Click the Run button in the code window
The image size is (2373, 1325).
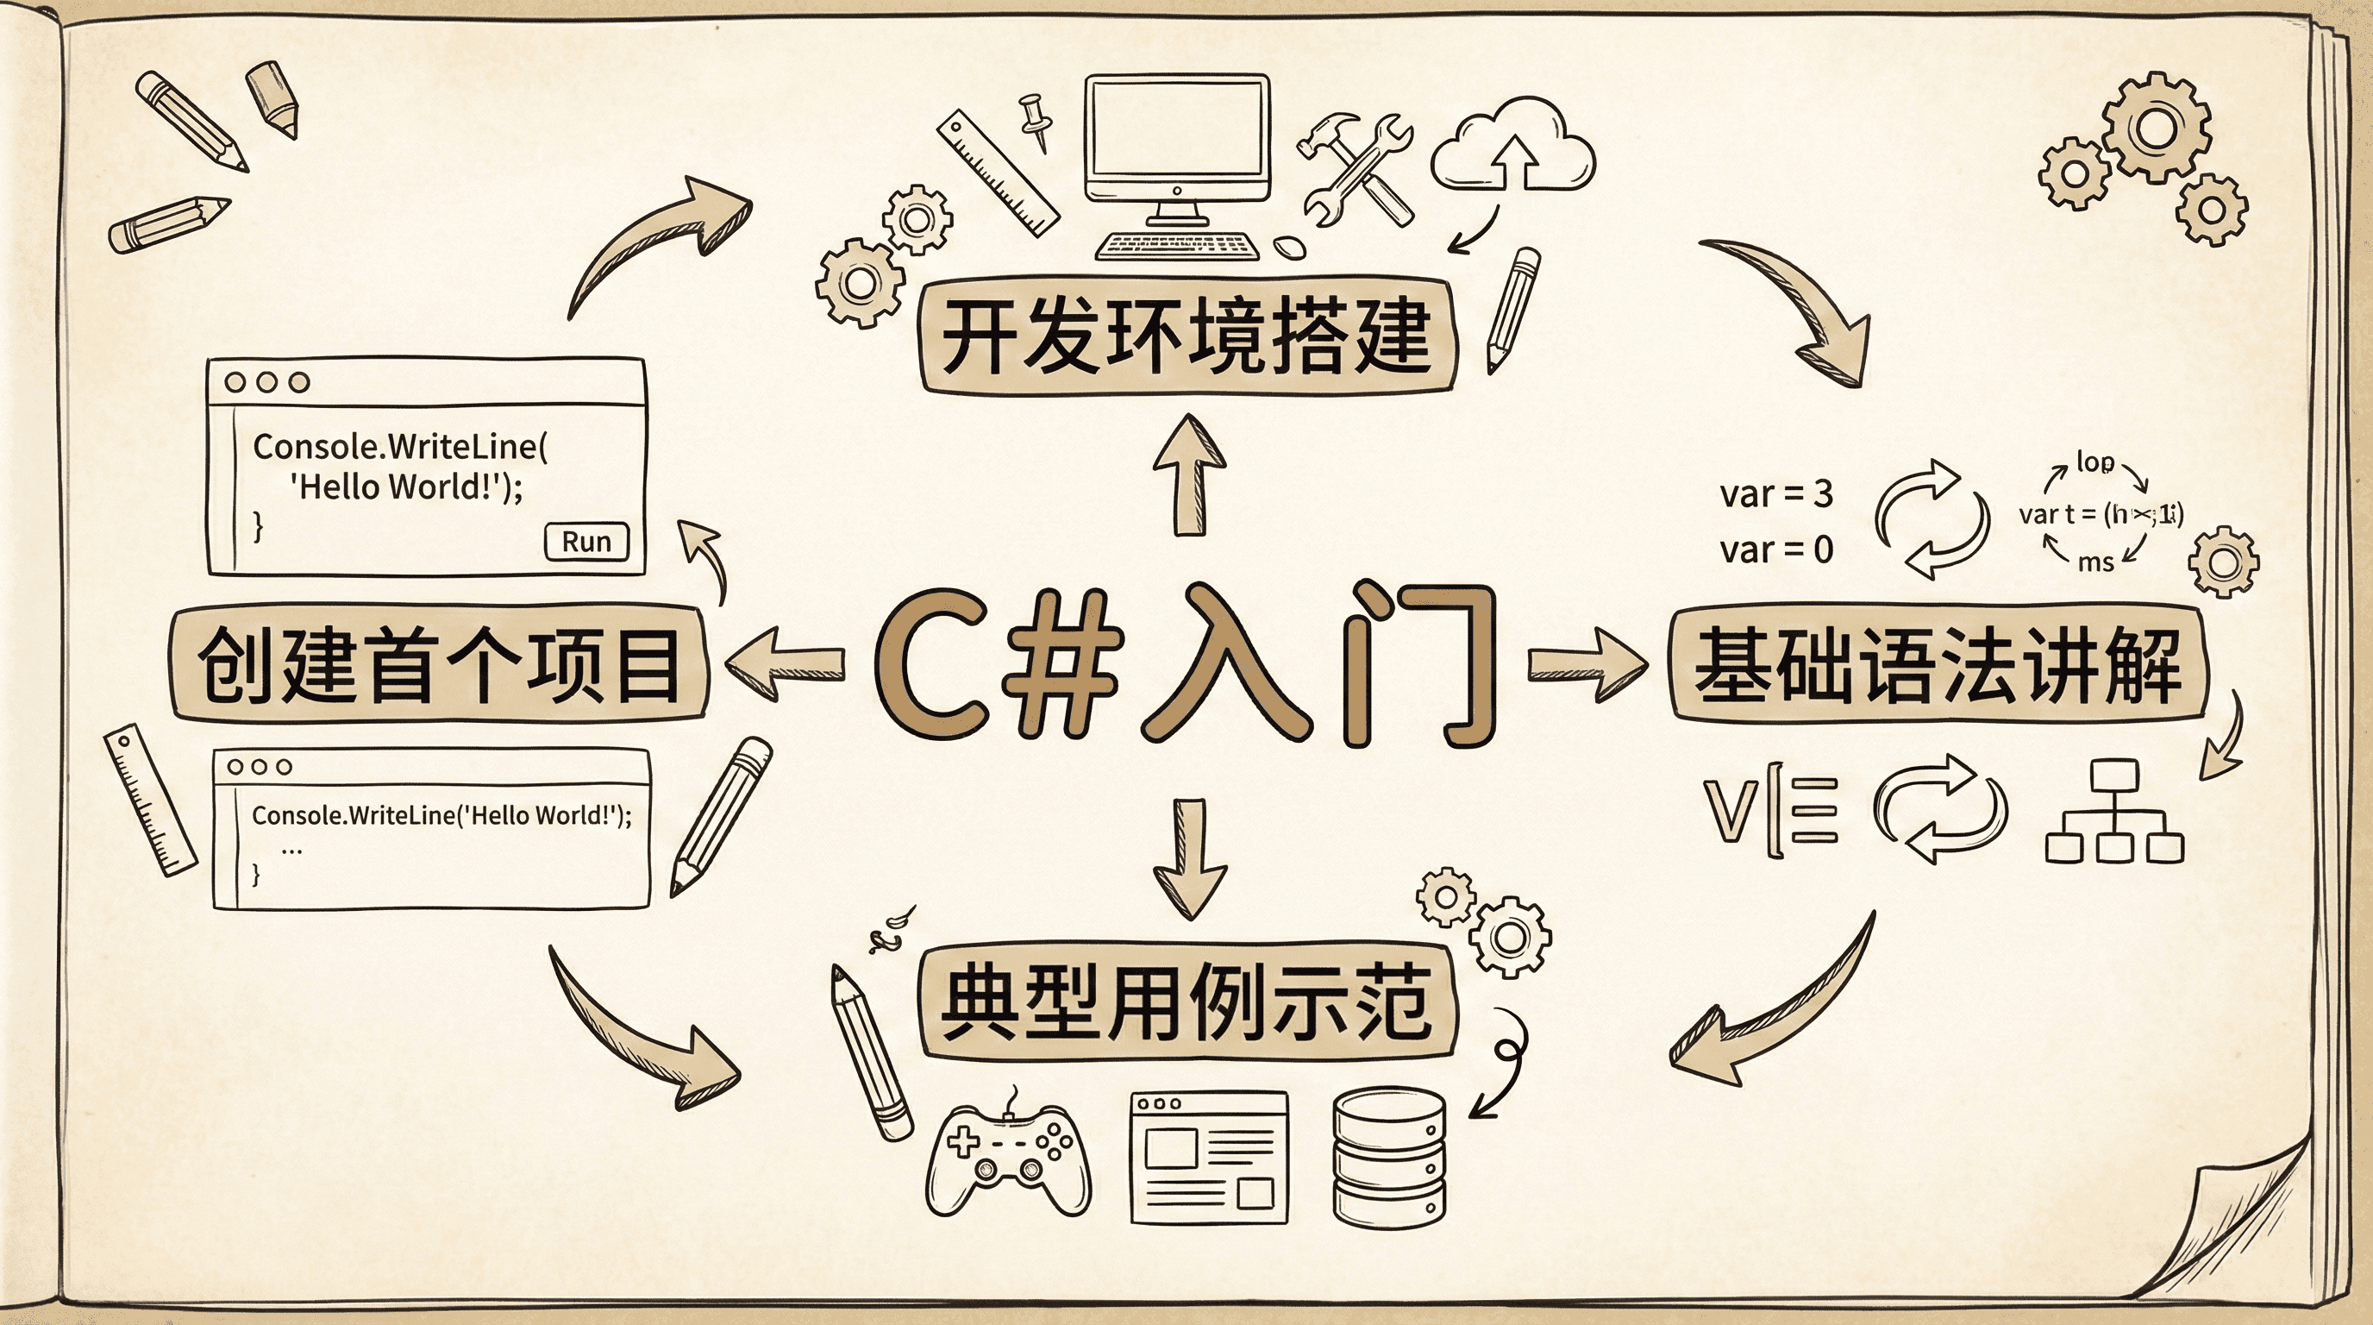pyautogui.click(x=587, y=542)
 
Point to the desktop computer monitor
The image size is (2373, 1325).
pyautogui.click(x=1176, y=141)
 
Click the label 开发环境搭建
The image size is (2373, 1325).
pyautogui.click(x=1186, y=336)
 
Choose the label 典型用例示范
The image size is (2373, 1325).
pyautogui.click(x=1186, y=1002)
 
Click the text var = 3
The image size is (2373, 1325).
pyautogui.click(x=1776, y=495)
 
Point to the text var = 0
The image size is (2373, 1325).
pyautogui.click(x=1776, y=550)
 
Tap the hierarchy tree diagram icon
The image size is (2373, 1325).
pyautogui.click(x=2114, y=811)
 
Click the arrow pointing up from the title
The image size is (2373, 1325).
pyautogui.click(x=1189, y=474)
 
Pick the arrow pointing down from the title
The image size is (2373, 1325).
pyautogui.click(x=1189, y=857)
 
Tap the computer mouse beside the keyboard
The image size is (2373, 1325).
pyautogui.click(x=1289, y=246)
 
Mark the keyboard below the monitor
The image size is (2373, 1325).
pyautogui.click(x=1176, y=246)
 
